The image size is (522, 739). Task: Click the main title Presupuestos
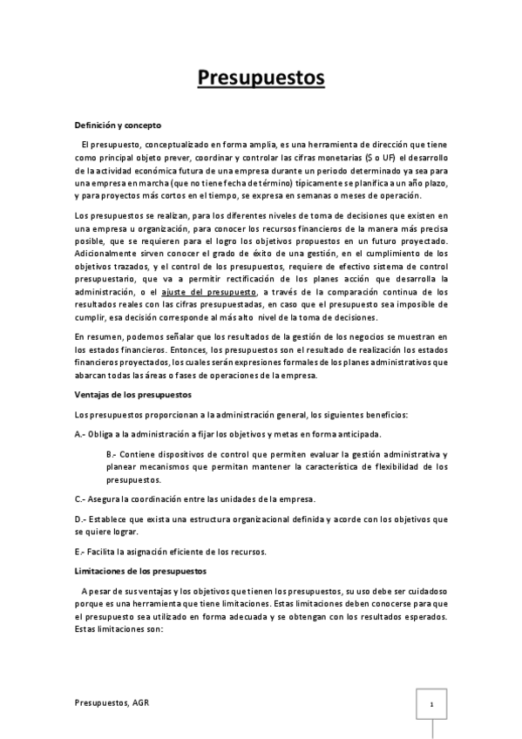click(x=261, y=79)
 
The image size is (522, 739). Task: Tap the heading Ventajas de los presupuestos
click(x=128, y=394)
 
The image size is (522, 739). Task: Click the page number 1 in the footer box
click(x=431, y=702)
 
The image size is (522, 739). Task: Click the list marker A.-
click(x=81, y=433)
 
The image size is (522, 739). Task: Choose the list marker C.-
click(x=81, y=498)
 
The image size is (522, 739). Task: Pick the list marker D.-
click(x=81, y=519)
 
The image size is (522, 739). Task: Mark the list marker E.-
click(x=80, y=552)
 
